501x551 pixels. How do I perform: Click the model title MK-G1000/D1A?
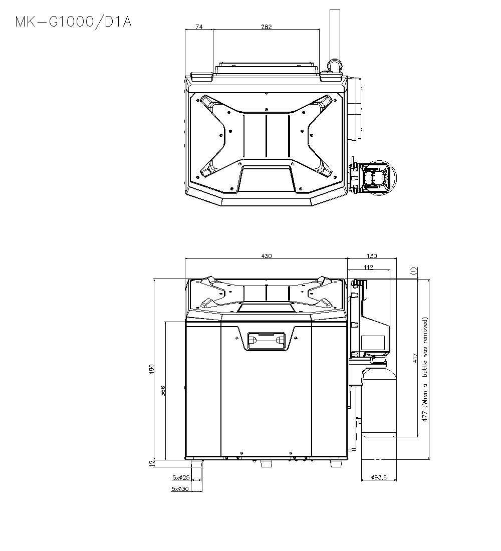click(x=73, y=22)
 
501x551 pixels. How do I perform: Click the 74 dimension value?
click(x=199, y=27)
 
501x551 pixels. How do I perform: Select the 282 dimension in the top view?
click(x=267, y=27)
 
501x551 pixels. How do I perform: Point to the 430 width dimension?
click(x=267, y=256)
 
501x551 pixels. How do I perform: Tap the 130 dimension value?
click(x=372, y=256)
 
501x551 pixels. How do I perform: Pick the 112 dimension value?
click(x=368, y=267)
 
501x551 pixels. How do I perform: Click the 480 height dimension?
click(x=152, y=369)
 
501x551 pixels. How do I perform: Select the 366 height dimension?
click(x=163, y=391)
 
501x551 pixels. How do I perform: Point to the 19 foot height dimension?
click(x=151, y=463)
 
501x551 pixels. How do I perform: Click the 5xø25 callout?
click(x=181, y=477)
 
